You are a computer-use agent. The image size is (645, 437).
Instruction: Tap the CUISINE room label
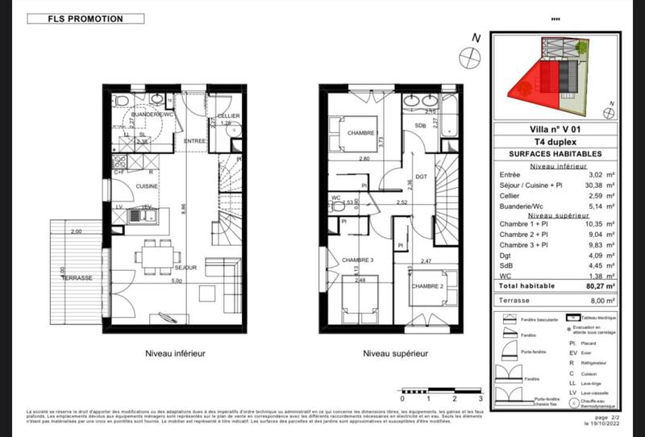(146, 186)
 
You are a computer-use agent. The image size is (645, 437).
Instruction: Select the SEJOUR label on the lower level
(186, 267)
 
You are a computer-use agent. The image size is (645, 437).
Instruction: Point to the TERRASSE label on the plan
(77, 277)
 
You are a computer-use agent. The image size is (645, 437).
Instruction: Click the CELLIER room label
(228, 117)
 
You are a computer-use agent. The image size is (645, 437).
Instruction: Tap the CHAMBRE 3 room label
(357, 260)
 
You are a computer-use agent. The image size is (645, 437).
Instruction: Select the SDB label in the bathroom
(420, 126)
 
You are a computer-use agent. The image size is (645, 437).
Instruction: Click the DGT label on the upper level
(420, 177)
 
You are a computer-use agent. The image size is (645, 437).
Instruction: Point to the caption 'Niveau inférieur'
(175, 353)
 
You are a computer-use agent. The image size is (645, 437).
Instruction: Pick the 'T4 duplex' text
(549, 140)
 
